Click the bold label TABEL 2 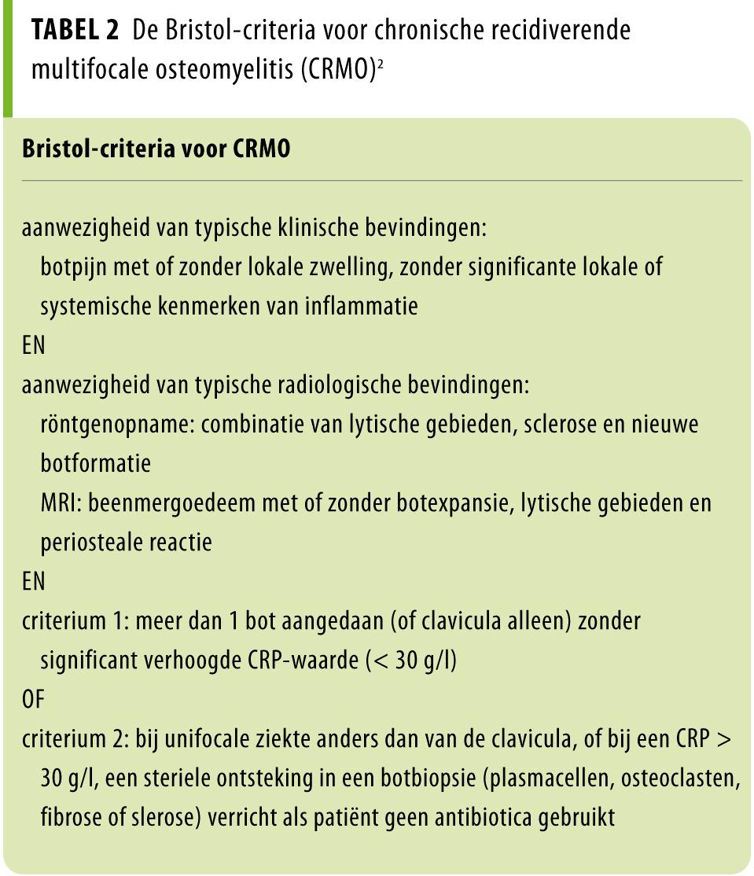click(x=75, y=31)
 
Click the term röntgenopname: click(x=117, y=425)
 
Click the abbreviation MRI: click(x=61, y=503)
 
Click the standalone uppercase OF click(x=33, y=700)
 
